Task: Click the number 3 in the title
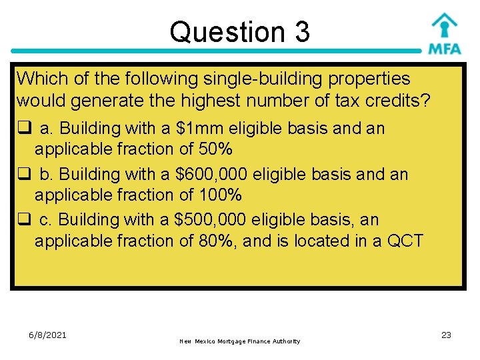tap(300, 32)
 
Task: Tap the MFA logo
tap(444, 35)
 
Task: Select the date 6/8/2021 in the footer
tap(47, 335)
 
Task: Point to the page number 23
tap(446, 335)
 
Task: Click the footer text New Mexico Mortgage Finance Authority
tap(240, 341)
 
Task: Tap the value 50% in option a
tap(215, 149)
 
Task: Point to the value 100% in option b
tap(220, 195)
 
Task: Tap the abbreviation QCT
tap(402, 240)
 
